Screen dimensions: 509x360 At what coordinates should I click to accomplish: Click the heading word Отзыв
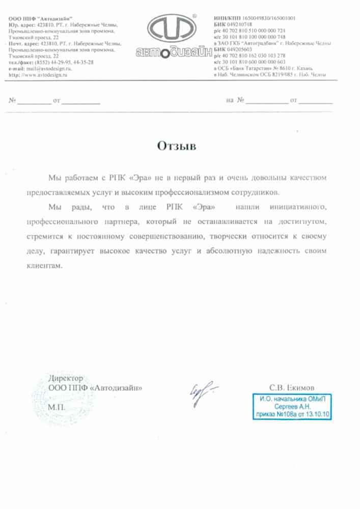(176, 147)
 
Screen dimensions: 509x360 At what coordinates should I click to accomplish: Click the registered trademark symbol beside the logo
(208, 16)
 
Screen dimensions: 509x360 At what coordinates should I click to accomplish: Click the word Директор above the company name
(65, 379)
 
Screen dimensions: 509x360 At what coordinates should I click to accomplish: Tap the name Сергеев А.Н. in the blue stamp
(292, 407)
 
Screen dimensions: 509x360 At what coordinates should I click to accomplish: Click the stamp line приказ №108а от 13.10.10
(292, 414)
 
